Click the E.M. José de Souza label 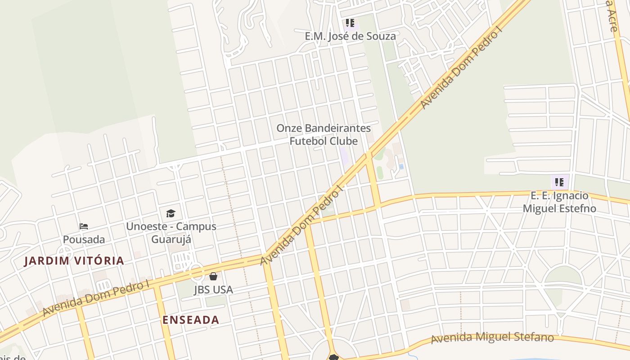point(350,36)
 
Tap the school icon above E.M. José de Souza point(350,22)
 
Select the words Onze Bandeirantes point(324,128)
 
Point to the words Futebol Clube point(324,141)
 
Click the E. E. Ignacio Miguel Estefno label point(559,202)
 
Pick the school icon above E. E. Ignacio point(559,182)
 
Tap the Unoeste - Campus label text point(171,226)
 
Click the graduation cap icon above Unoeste point(171,213)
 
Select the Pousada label point(84,239)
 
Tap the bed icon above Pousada point(84,226)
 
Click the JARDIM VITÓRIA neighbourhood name point(74,261)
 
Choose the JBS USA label point(213,289)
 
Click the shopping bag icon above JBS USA point(213,276)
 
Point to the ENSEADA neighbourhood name point(191,320)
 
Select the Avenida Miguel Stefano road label point(492,337)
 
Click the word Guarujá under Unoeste point(171,239)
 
